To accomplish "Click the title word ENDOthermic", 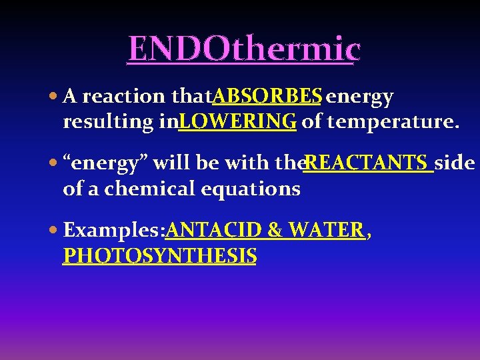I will [244, 48].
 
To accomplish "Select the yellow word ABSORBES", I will [267, 97].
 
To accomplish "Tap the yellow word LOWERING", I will [237, 122].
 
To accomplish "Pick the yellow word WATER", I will [326, 231].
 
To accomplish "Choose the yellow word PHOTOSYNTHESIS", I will [159, 256].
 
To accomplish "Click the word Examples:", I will [114, 231].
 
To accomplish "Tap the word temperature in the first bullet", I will [389, 123].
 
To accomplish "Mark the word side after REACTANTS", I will [455, 163].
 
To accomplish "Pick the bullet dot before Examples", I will [53, 231].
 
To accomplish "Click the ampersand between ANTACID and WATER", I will [273, 231].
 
